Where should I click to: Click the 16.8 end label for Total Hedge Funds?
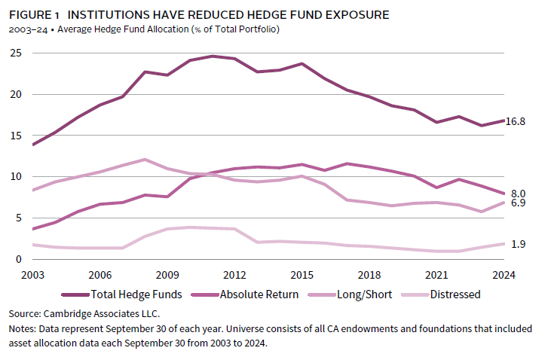[515, 121]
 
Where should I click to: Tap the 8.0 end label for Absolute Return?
[519, 194]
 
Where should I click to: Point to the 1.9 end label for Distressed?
[519, 243]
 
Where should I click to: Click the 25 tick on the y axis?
[14, 53]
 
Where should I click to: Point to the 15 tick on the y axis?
[14, 136]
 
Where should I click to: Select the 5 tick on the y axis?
[17, 218]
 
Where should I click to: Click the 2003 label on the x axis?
[33, 274]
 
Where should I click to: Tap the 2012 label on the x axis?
[234, 274]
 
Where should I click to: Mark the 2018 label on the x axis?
[368, 274]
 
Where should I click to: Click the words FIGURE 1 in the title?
[32, 14]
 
